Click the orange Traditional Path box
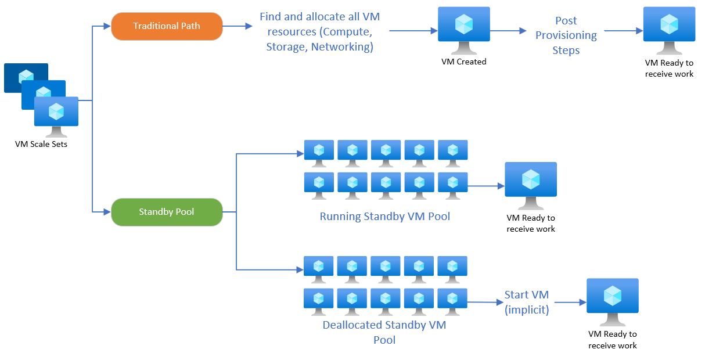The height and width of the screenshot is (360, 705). pyautogui.click(x=167, y=26)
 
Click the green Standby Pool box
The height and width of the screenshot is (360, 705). pyautogui.click(x=167, y=212)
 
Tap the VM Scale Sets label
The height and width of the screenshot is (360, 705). pyautogui.click(x=41, y=144)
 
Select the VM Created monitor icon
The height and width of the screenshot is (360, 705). pyautogui.click(x=463, y=26)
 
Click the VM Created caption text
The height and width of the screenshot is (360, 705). pyautogui.click(x=463, y=61)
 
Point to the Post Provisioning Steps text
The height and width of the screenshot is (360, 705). pyautogui.click(x=566, y=35)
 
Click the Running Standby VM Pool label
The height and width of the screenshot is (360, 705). pyautogui.click(x=384, y=217)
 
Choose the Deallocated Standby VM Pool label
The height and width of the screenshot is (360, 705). pyautogui.click(x=384, y=332)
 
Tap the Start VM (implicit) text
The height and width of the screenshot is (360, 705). pyautogui.click(x=526, y=302)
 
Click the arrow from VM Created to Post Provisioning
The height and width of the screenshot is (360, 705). pyautogui.click(x=508, y=30)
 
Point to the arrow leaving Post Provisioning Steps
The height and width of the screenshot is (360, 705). pyautogui.click(x=623, y=30)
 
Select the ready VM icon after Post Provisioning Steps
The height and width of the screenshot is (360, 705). pyautogui.click(x=669, y=26)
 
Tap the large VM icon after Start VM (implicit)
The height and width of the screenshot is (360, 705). pyautogui.click(x=612, y=298)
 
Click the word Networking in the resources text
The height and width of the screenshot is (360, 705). pyautogui.click(x=342, y=47)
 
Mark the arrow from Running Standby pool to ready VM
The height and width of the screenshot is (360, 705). pyautogui.click(x=485, y=186)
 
